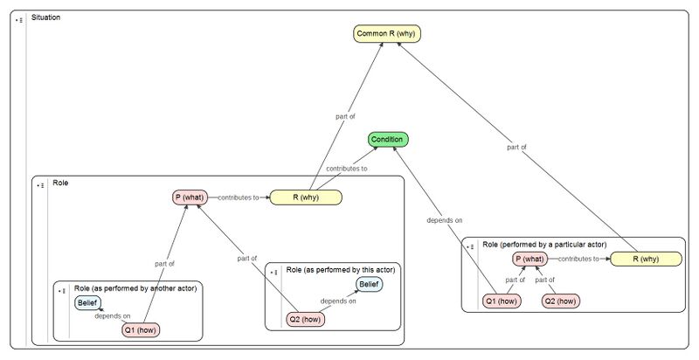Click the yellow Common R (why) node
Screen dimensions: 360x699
point(382,34)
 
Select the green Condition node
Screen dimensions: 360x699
point(387,140)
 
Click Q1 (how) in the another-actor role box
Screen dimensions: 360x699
point(141,329)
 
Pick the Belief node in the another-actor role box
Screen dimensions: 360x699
point(87,303)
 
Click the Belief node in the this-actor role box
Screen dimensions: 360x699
point(369,284)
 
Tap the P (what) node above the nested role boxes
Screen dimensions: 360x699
point(189,197)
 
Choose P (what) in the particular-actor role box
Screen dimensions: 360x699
point(529,259)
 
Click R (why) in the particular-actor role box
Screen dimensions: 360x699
point(647,259)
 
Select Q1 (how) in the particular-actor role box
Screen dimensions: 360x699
point(502,301)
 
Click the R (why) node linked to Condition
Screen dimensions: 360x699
point(306,197)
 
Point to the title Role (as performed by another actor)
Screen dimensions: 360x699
point(135,287)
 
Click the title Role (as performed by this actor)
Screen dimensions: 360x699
point(342,268)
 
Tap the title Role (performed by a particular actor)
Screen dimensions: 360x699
point(543,245)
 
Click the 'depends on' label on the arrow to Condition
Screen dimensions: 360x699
point(445,220)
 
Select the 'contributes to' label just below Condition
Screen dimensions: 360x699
point(346,168)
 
